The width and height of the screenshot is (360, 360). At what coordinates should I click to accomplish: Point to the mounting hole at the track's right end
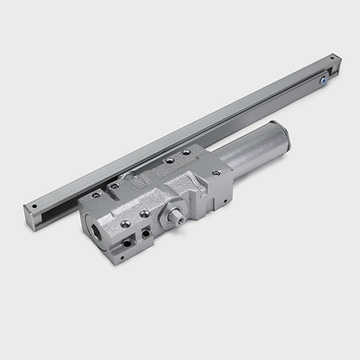click(333, 58)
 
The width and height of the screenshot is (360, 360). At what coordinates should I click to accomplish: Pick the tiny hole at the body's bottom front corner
click(127, 243)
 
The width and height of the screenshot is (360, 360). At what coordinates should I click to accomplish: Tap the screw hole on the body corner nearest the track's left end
click(96, 195)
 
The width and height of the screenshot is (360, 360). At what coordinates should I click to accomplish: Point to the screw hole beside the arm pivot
click(115, 185)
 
